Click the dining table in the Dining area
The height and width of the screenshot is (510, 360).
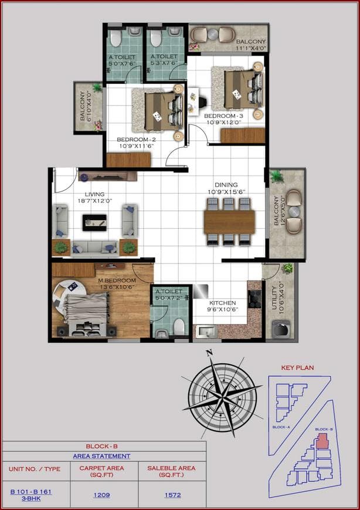[x=229, y=221]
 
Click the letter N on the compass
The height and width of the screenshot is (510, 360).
[x=208, y=353]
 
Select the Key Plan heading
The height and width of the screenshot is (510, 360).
[x=298, y=368]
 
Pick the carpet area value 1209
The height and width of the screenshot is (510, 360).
[x=102, y=495]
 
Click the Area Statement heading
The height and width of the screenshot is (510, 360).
[x=101, y=456]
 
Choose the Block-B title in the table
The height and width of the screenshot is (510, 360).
[x=102, y=446]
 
